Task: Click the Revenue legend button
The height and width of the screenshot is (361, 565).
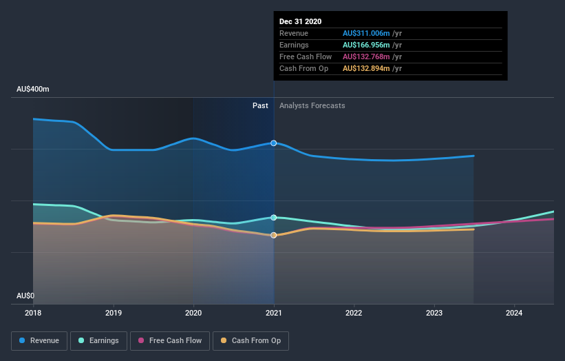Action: click(39, 340)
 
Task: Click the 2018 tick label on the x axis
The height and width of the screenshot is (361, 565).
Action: click(33, 313)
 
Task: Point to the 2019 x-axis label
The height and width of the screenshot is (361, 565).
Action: click(114, 313)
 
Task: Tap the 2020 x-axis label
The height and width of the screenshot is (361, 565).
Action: click(193, 313)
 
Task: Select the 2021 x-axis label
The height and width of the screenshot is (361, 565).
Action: click(274, 313)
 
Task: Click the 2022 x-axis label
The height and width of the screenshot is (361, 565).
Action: click(354, 313)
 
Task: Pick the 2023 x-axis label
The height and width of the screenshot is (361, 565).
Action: click(434, 313)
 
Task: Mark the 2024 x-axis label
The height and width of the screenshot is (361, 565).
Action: click(514, 313)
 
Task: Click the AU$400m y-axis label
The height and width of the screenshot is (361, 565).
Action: click(33, 90)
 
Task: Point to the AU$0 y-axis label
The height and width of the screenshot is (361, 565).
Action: click(26, 296)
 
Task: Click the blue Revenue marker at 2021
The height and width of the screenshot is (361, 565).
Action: click(274, 143)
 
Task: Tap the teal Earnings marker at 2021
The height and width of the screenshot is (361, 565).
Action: click(274, 218)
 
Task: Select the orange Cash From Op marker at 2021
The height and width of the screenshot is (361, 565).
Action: click(274, 235)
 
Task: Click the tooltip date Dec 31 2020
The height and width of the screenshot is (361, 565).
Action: click(301, 21)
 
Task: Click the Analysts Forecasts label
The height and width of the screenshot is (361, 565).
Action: click(312, 105)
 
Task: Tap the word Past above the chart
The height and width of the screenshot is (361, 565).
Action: click(260, 105)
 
